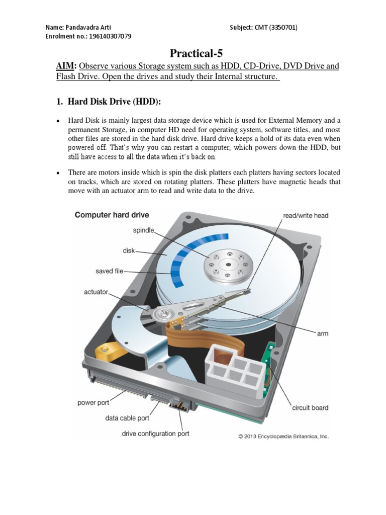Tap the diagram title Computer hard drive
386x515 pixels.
pyautogui.click(x=112, y=215)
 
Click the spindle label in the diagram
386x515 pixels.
pyautogui.click(x=143, y=230)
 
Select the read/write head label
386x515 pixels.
pyautogui.click(x=306, y=216)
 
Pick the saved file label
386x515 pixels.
pyautogui.click(x=110, y=271)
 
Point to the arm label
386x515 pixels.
pyautogui.click(x=323, y=333)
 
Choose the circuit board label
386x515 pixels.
pyautogui.click(x=310, y=408)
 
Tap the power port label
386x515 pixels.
pyautogui.click(x=93, y=403)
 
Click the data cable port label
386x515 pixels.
pyautogui.click(x=127, y=418)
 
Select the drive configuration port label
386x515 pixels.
pyautogui.click(x=156, y=434)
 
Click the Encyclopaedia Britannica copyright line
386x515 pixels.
pyautogui.click(x=283, y=437)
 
